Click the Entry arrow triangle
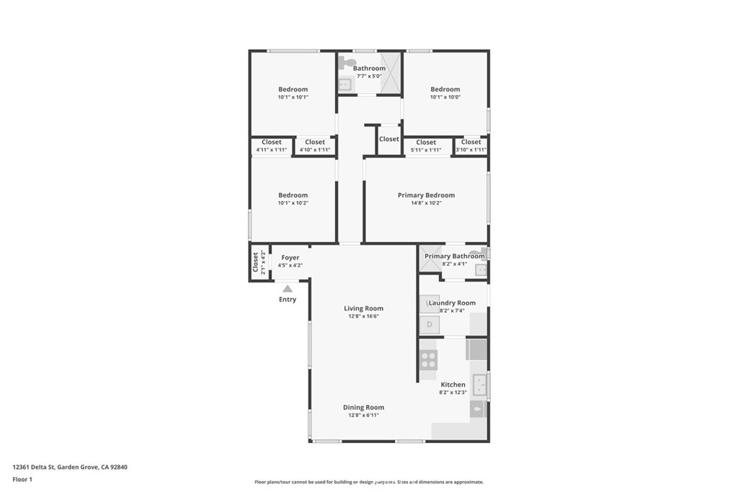[x=288, y=288]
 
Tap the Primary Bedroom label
[x=426, y=195]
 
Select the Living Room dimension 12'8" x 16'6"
[x=363, y=316]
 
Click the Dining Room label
[x=363, y=407]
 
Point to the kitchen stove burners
[x=428, y=359]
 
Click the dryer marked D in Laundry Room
[x=429, y=325]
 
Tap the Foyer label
[x=290, y=257]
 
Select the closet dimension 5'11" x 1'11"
[x=426, y=150]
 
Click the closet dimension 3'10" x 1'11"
[x=471, y=150]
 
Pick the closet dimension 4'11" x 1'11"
[x=272, y=150]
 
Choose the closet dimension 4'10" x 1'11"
[x=315, y=150]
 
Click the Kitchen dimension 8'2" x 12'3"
[x=453, y=393]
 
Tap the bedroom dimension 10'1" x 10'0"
[x=445, y=97]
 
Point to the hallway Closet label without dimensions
[x=388, y=139]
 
